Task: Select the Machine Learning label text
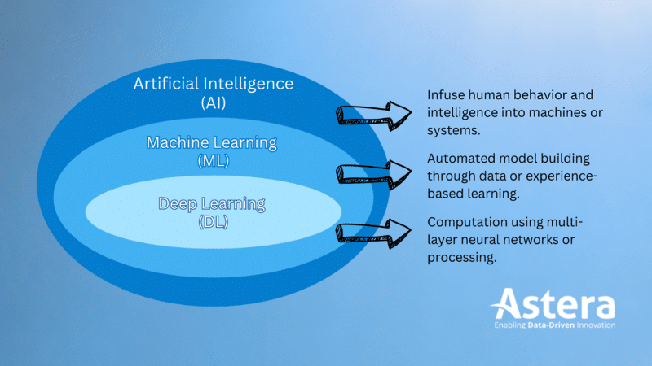[211, 143]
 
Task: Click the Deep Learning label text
[211, 203]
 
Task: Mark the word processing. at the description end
[461, 258]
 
